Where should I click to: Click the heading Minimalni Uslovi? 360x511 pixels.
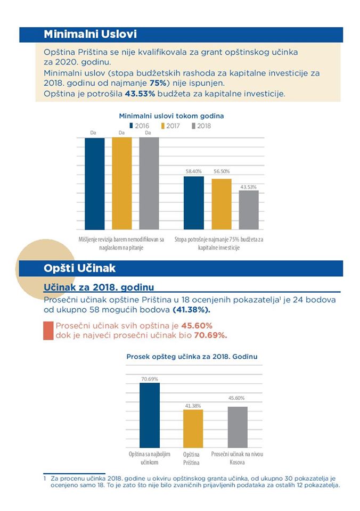pyautogui.click(x=90, y=34)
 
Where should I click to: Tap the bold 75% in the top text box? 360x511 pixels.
pyautogui.click(x=158, y=83)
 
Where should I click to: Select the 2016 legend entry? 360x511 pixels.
pyautogui.click(x=139, y=126)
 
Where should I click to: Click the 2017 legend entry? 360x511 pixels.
pyautogui.click(x=170, y=126)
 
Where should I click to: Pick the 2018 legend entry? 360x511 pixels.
pyautogui.click(x=201, y=126)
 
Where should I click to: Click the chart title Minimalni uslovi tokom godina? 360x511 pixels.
pyautogui.click(x=171, y=116)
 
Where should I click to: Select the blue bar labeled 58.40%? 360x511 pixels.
pyautogui.click(x=194, y=203)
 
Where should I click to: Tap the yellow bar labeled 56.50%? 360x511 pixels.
pyautogui.click(x=222, y=204)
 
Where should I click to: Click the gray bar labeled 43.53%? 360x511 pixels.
pyautogui.click(x=249, y=210)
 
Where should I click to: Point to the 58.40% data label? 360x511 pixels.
pyautogui.click(x=194, y=171)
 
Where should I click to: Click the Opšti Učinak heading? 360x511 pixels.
pyautogui.click(x=79, y=268)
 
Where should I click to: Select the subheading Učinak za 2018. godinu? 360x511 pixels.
pyautogui.click(x=99, y=287)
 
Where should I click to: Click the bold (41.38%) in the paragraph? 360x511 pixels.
pyautogui.click(x=191, y=310)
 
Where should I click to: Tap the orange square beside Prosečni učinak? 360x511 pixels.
pyautogui.click(x=48, y=331)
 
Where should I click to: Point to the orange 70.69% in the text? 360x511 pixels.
pyautogui.click(x=210, y=335)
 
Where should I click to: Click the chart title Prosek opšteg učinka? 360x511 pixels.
pyautogui.click(x=192, y=357)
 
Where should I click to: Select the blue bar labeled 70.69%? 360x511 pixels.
pyautogui.click(x=150, y=415)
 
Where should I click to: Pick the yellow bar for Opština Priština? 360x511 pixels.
pyautogui.click(x=193, y=428)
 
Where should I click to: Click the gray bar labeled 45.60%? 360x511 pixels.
pyautogui.click(x=238, y=427)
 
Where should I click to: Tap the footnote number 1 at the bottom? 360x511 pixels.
pyautogui.click(x=45, y=479)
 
